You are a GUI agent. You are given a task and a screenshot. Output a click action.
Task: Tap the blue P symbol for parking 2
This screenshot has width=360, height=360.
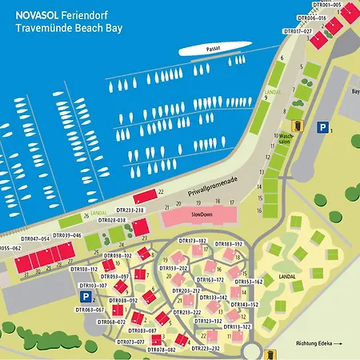point(86,296)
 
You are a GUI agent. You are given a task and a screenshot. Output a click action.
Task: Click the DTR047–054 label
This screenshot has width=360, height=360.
point(34,238)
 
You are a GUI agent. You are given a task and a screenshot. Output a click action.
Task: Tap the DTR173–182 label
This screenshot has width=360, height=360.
point(192,240)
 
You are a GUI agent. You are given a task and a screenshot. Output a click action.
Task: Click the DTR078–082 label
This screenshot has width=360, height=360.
point(160,350)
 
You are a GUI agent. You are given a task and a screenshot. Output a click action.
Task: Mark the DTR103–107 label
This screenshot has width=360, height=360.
point(93,285)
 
